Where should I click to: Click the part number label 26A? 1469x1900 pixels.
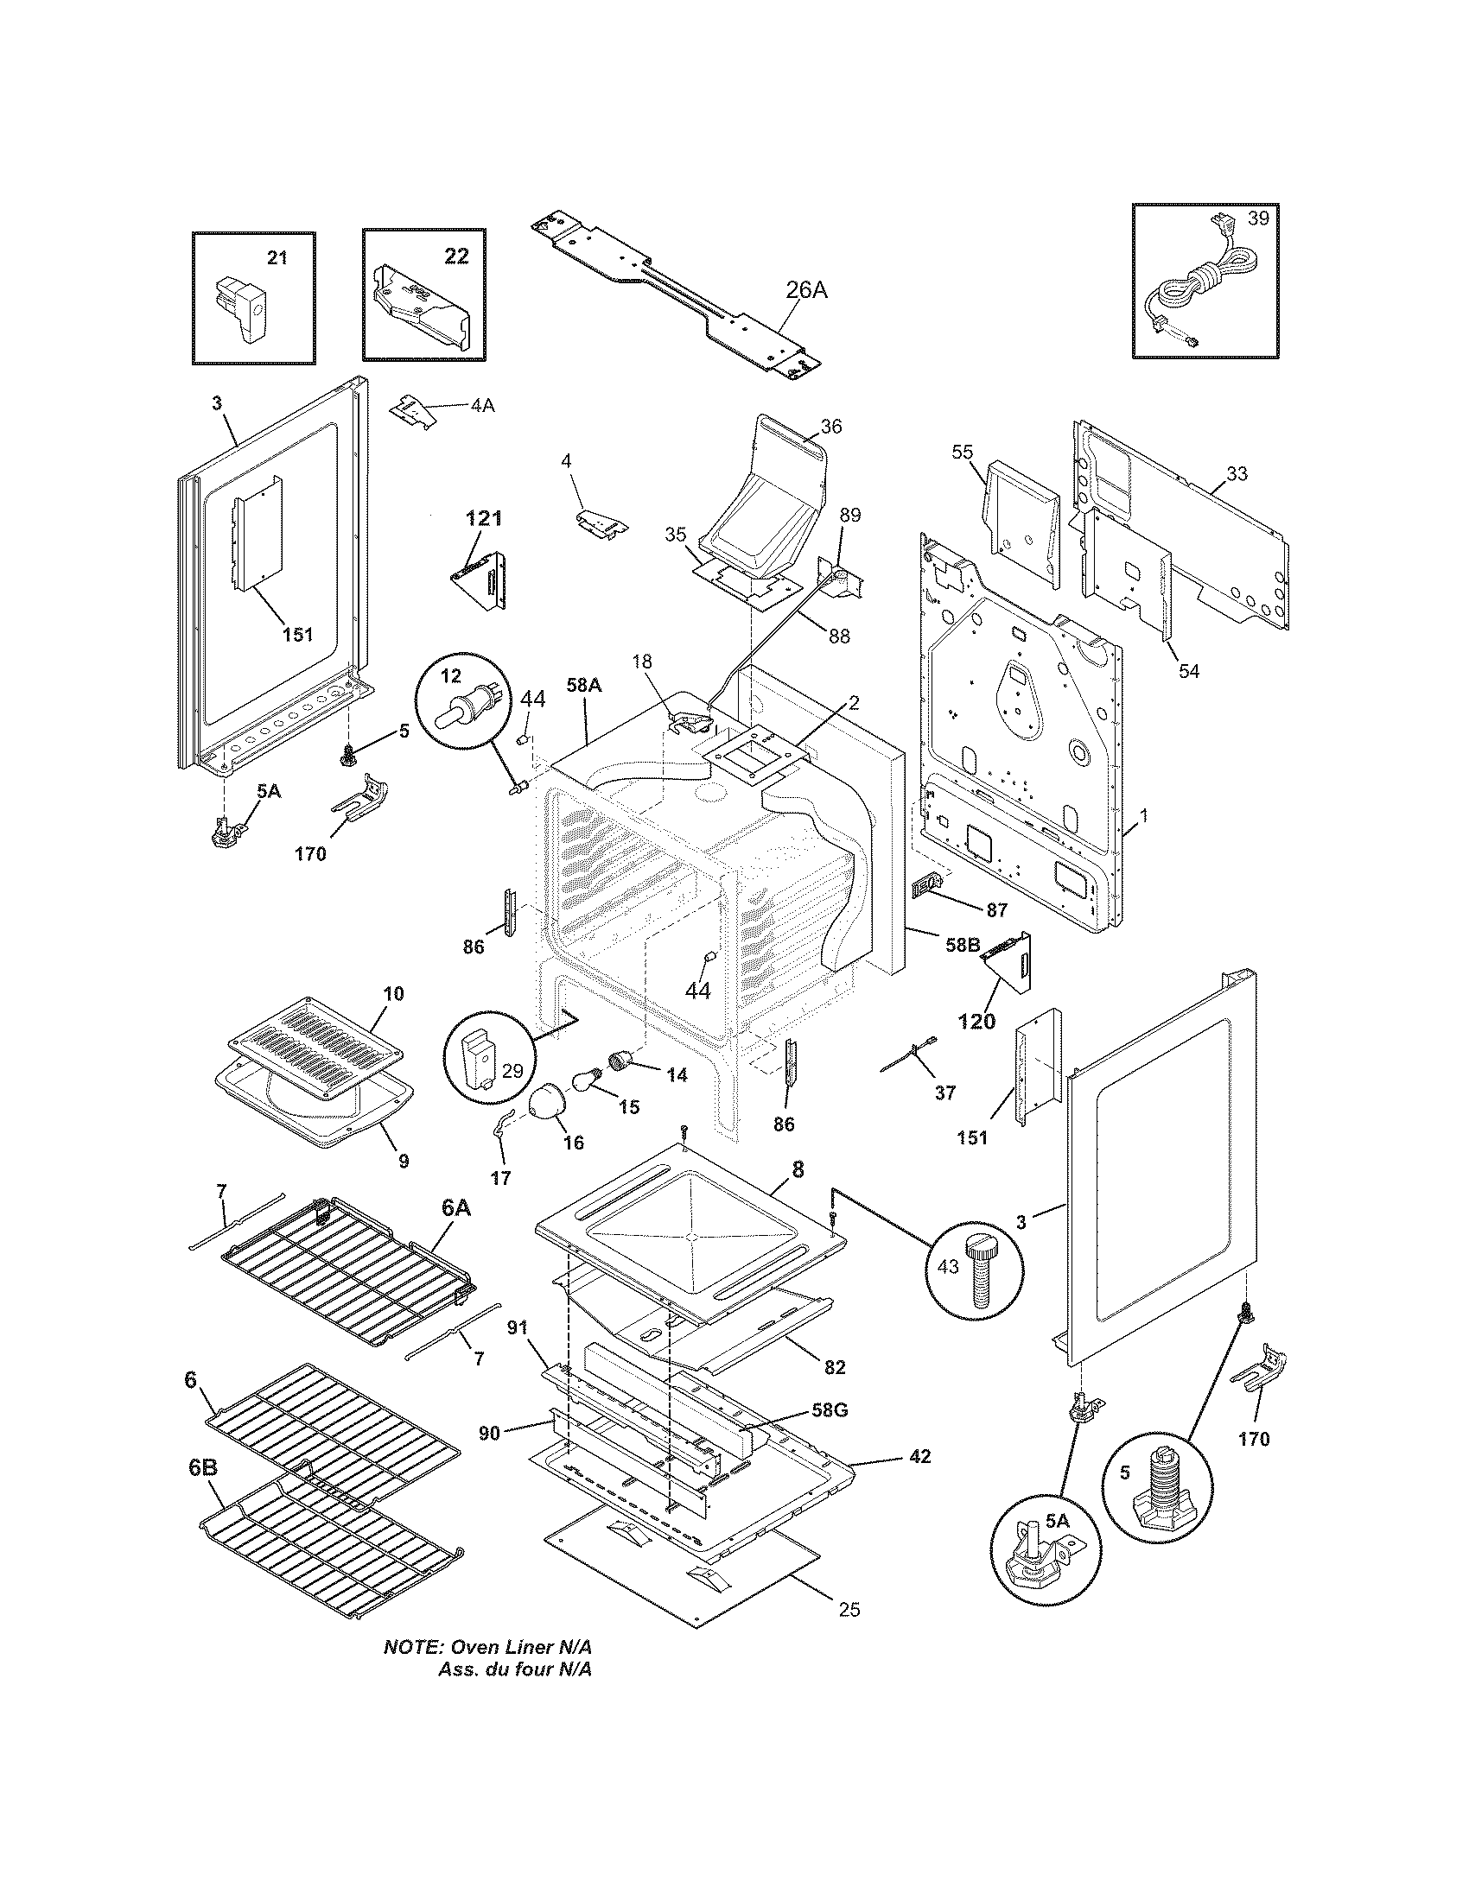tap(806, 290)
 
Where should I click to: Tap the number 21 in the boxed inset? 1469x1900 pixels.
tap(277, 257)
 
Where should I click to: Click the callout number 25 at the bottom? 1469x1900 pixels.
tap(849, 1610)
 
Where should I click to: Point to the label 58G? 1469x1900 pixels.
tap(830, 1410)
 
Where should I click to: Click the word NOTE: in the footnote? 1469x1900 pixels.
tap(412, 1647)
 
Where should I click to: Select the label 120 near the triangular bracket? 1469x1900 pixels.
tap(976, 1023)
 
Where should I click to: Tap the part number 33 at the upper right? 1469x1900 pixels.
tap(1237, 473)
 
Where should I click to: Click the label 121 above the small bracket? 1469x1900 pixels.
tap(483, 518)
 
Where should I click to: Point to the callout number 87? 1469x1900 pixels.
tap(996, 910)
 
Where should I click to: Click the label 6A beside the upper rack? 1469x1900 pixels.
tap(457, 1206)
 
